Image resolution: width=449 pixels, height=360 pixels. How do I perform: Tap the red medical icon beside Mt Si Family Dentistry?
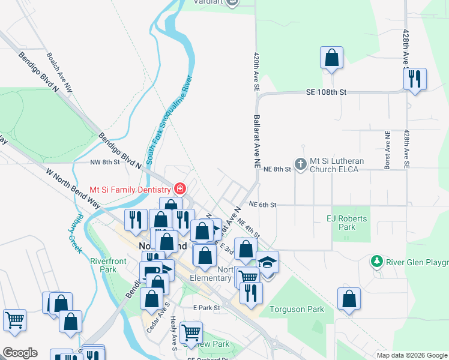179,189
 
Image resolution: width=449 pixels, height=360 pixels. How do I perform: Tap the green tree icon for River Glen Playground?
376,261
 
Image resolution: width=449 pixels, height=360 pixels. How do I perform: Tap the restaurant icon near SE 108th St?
415,79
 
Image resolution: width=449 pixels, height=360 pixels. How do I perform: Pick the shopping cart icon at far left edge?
14,319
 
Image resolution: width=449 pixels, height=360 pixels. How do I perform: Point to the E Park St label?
207,307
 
